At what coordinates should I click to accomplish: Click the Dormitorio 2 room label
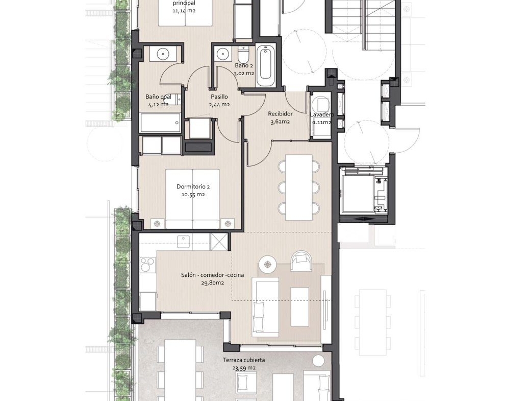tap(193, 186)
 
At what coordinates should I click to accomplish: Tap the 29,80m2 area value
tap(213, 282)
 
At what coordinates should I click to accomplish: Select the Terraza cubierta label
tap(244, 360)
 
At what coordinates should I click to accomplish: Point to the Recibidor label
tap(280, 113)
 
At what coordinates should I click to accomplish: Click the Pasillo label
tap(219, 97)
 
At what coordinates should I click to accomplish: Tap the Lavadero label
tap(322, 114)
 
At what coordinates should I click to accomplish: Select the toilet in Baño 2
tap(243, 53)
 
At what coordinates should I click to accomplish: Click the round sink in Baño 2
tap(222, 53)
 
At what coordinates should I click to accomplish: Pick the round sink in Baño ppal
tap(163, 53)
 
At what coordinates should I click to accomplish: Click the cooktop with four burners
tap(147, 265)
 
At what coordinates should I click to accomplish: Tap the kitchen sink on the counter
tap(184, 242)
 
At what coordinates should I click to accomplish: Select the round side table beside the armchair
tap(268, 265)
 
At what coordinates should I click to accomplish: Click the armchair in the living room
tap(302, 261)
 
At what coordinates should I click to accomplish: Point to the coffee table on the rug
tap(299, 306)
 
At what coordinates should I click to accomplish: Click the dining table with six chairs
tap(298, 187)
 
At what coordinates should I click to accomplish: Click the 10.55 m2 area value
tap(193, 194)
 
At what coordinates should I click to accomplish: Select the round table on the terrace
tap(318, 361)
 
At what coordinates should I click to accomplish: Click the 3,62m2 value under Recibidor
tap(280, 122)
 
